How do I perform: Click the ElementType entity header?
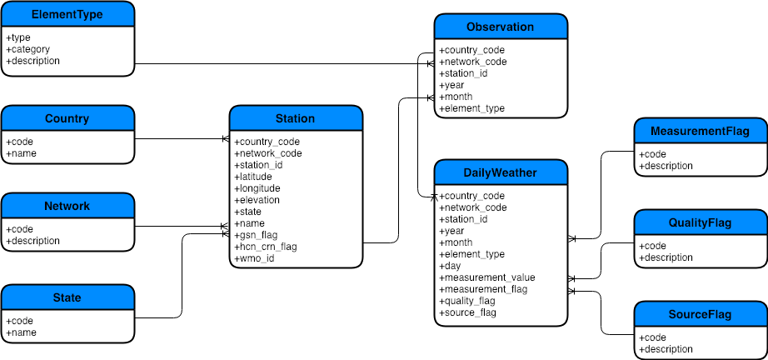click(67, 15)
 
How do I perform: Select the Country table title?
click(67, 119)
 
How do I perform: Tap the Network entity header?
click(67, 206)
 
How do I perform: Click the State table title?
click(67, 297)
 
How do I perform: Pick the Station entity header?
click(296, 118)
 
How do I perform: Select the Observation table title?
click(501, 27)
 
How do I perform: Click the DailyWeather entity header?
click(501, 172)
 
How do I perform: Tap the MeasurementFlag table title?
click(700, 131)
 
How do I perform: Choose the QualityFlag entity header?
click(700, 222)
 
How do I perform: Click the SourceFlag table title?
click(700, 314)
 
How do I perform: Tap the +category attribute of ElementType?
click(28, 49)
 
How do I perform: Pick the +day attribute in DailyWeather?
click(451, 266)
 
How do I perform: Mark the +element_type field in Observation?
click(472, 108)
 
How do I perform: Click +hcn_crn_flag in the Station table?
click(265, 247)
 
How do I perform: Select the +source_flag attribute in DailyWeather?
click(468, 312)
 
